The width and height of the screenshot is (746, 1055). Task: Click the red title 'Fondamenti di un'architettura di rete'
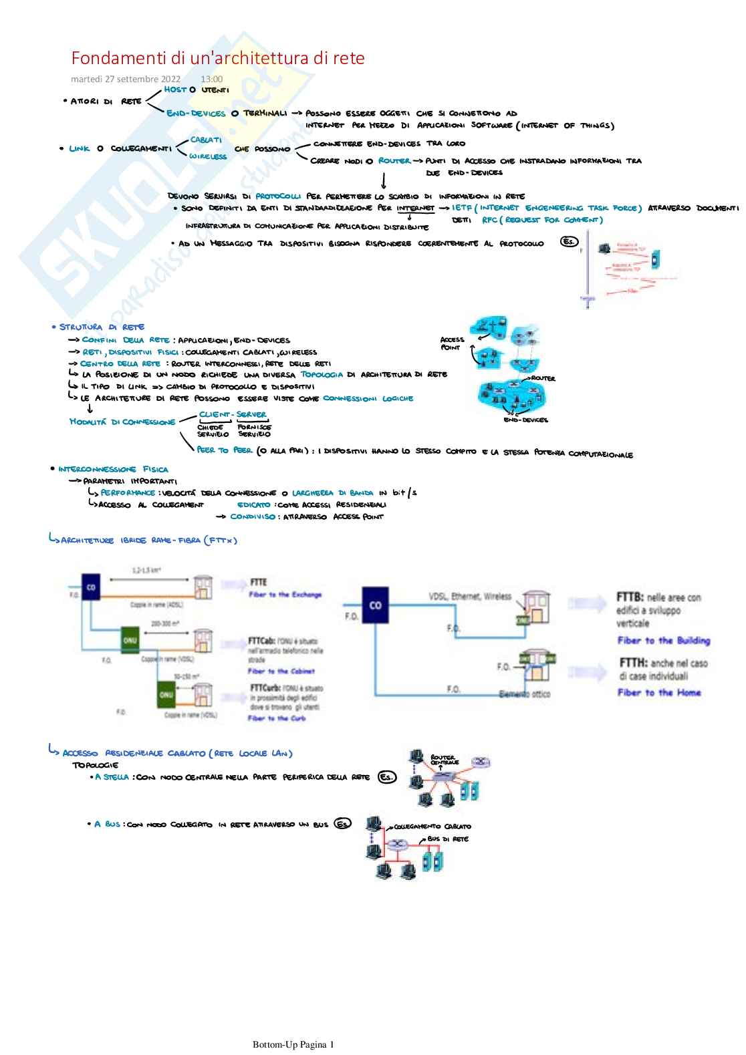[218, 58]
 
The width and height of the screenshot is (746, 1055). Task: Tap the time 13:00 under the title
[212, 79]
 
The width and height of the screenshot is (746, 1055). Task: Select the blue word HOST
[175, 89]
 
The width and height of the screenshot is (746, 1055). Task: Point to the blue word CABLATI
[206, 140]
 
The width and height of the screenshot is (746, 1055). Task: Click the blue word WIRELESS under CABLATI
[207, 156]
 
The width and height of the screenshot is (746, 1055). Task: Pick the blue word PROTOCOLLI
[278, 196]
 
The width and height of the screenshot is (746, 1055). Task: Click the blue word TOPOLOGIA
[322, 375]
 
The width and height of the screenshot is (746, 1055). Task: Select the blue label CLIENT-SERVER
[233, 414]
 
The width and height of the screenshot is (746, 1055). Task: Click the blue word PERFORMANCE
[128, 492]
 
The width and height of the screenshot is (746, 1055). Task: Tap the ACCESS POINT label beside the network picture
[452, 343]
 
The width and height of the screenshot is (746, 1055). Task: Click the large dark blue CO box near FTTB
[375, 605]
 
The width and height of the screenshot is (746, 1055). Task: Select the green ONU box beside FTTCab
[130, 640]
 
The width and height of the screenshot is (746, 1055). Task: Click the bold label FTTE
[258, 583]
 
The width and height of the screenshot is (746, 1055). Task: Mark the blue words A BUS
[107, 824]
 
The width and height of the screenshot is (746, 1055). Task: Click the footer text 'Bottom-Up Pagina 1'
[293, 1044]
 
